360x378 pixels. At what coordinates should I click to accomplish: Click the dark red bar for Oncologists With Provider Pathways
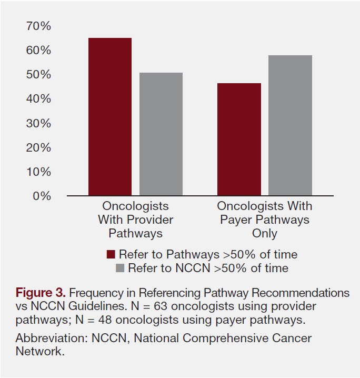click(x=109, y=117)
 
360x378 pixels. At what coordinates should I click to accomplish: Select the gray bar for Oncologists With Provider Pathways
click(x=161, y=134)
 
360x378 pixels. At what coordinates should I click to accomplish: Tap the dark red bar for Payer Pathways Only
click(x=239, y=140)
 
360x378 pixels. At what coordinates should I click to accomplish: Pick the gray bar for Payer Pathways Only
click(x=290, y=125)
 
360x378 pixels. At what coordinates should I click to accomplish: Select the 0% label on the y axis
click(x=41, y=196)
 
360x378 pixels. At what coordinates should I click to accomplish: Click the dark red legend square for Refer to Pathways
click(x=111, y=255)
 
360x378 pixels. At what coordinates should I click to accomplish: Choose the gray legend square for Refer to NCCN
click(x=119, y=268)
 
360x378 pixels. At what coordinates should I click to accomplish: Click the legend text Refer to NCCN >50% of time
click(x=208, y=268)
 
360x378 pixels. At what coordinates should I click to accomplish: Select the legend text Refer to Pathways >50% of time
click(x=208, y=255)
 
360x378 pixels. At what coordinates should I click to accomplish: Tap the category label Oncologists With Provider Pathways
click(x=135, y=220)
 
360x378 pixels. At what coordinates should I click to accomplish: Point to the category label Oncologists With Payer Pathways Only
click(x=264, y=220)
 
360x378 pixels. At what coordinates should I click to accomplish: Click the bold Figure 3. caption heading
click(x=41, y=293)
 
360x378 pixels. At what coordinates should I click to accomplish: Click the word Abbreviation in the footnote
click(x=46, y=339)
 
